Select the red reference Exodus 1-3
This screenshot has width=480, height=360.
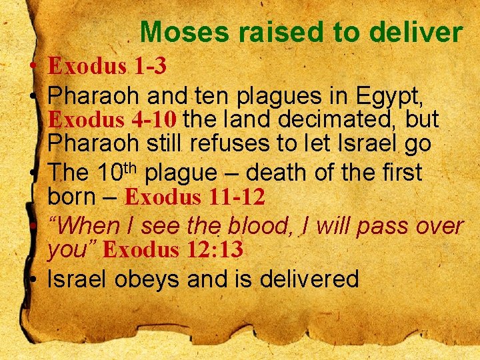tap(107, 65)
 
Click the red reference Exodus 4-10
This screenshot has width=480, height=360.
tap(113, 119)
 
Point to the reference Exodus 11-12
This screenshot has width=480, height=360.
tap(195, 197)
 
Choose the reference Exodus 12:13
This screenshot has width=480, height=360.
tap(173, 250)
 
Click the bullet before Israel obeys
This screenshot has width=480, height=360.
tap(33, 279)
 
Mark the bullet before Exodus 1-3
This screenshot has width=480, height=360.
tap(33, 67)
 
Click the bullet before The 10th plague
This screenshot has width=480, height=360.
tap(33, 174)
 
